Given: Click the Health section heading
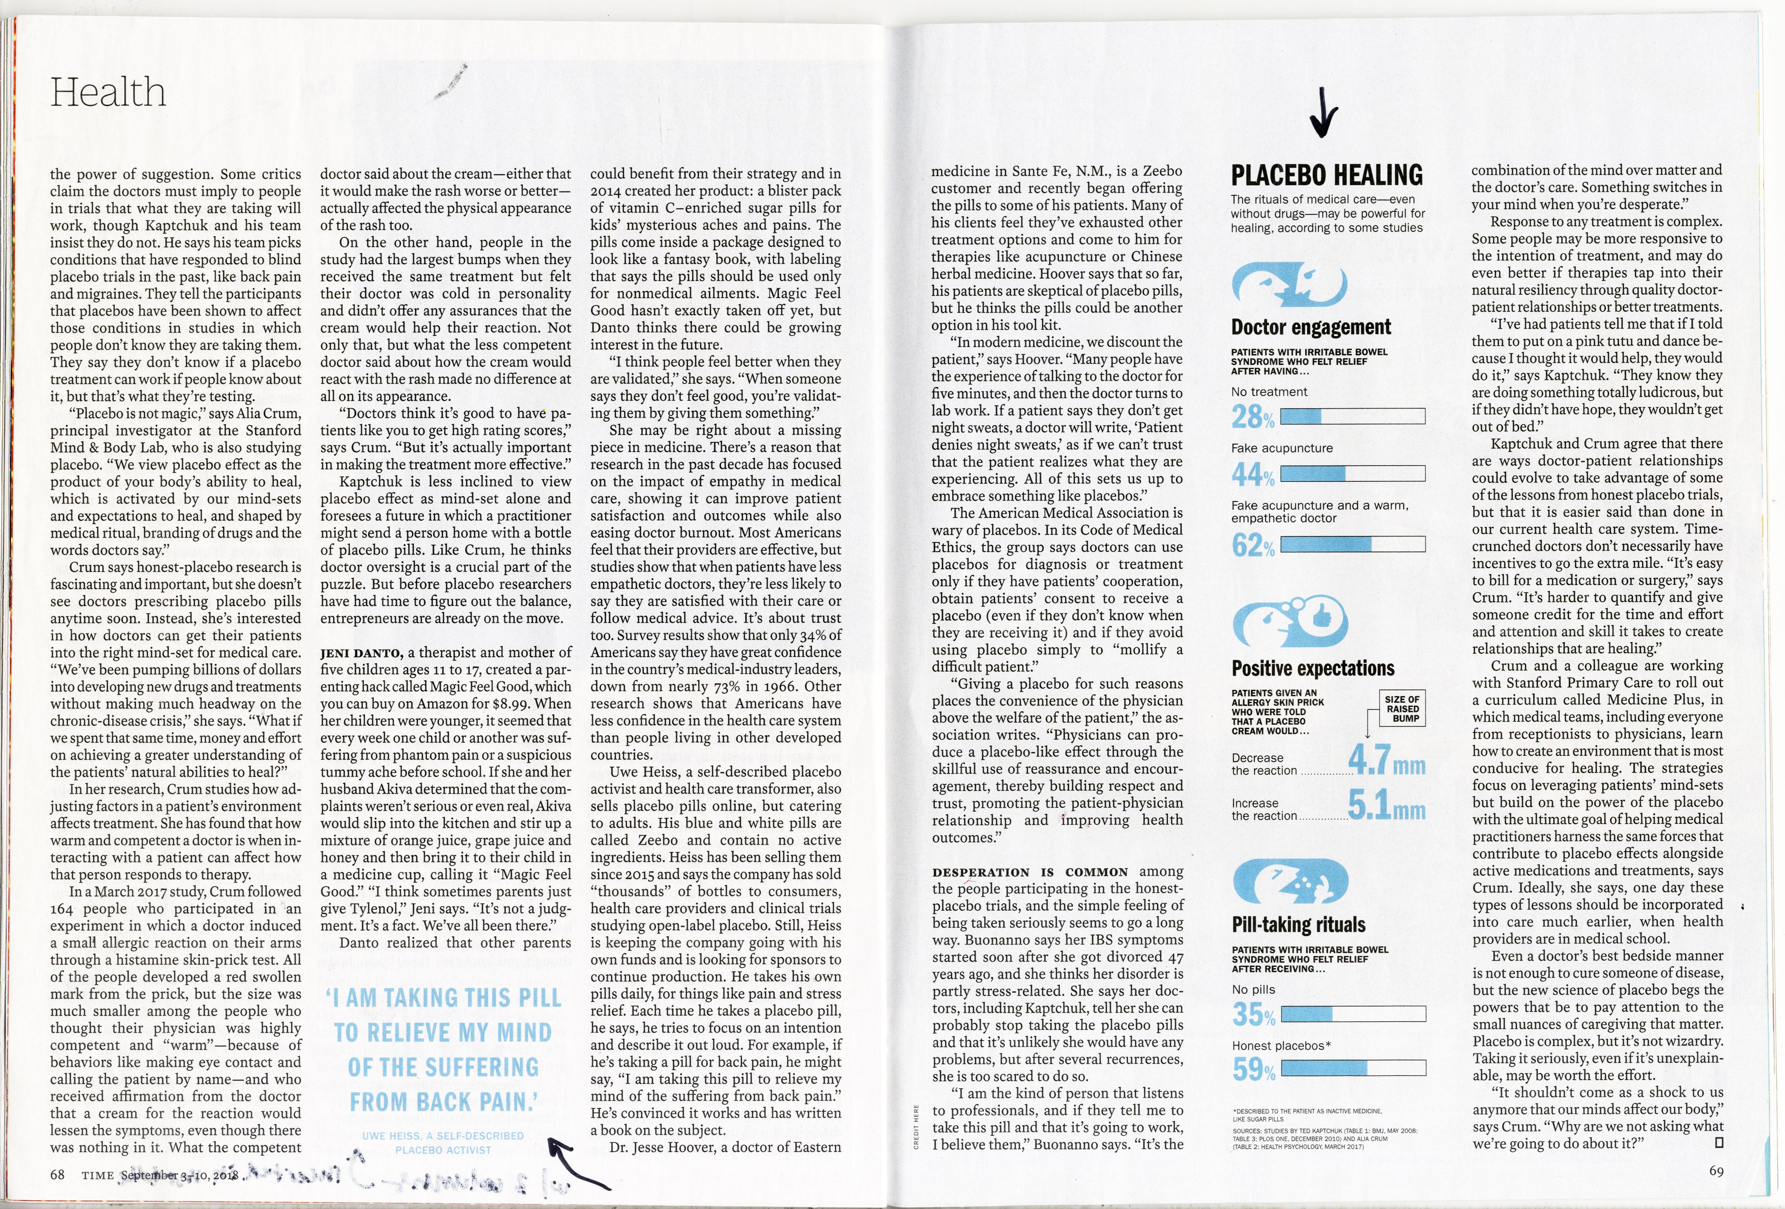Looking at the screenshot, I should (108, 93).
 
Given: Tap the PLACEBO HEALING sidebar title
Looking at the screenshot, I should (1327, 175).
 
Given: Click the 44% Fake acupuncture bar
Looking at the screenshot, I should (1353, 473).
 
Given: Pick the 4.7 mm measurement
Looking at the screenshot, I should (1387, 760).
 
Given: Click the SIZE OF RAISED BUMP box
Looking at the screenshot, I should (1402, 708).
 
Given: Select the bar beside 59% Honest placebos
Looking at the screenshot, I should (1353, 1068).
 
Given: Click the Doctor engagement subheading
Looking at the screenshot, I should (1311, 327).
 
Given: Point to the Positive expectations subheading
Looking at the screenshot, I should (1313, 668).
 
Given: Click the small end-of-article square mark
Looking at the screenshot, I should (1719, 1143).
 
